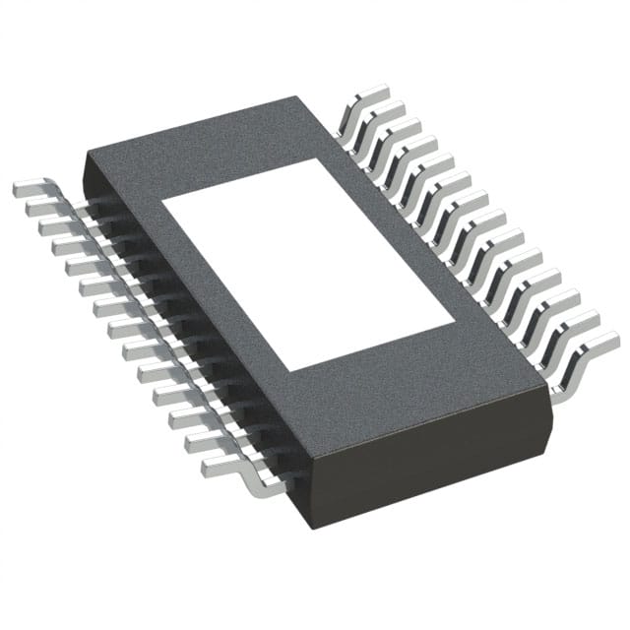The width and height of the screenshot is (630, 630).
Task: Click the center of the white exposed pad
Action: coord(307,266)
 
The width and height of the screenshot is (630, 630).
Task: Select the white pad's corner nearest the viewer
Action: coord(286,371)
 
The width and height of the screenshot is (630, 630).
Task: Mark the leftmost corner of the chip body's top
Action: coord(87,151)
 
